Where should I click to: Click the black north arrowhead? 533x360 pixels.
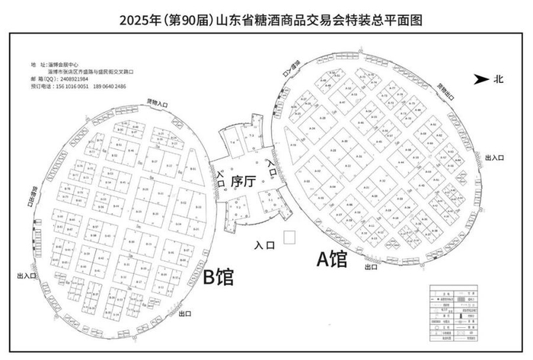coord(480,78)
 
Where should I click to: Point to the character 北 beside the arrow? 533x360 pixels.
coord(498,78)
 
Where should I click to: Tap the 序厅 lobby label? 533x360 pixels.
coord(241,181)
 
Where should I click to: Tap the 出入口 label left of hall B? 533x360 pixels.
coord(26,275)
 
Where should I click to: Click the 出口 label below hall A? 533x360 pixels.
coord(372,267)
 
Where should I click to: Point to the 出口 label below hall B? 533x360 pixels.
coord(184,313)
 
